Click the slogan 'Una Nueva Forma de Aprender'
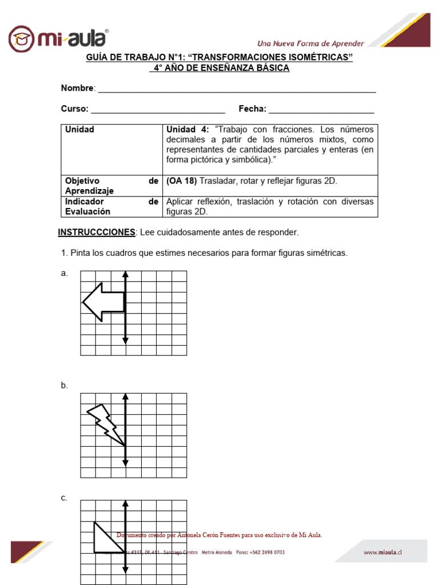click(x=310, y=43)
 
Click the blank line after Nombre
click(x=237, y=90)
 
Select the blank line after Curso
click(x=158, y=110)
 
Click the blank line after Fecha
click(x=321, y=110)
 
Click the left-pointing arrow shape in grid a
click(x=103, y=302)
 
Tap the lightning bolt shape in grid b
click(x=106, y=423)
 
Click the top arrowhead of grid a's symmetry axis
click(x=125, y=274)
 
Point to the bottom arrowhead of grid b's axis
click(x=125, y=473)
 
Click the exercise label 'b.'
click(x=65, y=386)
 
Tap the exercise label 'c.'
click(x=65, y=498)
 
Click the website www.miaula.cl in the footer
click(x=383, y=552)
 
